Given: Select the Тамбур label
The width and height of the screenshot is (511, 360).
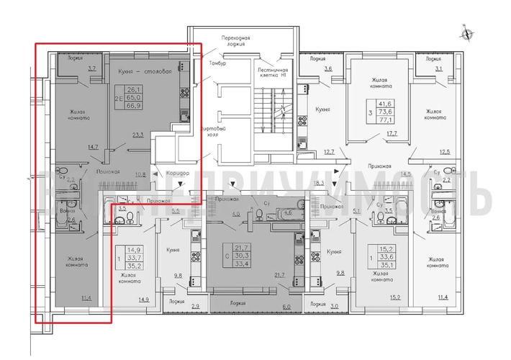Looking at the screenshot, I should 217,64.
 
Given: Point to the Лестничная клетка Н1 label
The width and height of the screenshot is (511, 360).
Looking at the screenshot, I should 273,71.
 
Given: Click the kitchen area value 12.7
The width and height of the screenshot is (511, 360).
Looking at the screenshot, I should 329,151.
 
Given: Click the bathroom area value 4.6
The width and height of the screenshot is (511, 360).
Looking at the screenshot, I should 286,214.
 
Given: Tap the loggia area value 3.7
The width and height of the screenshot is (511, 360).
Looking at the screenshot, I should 91,68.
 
